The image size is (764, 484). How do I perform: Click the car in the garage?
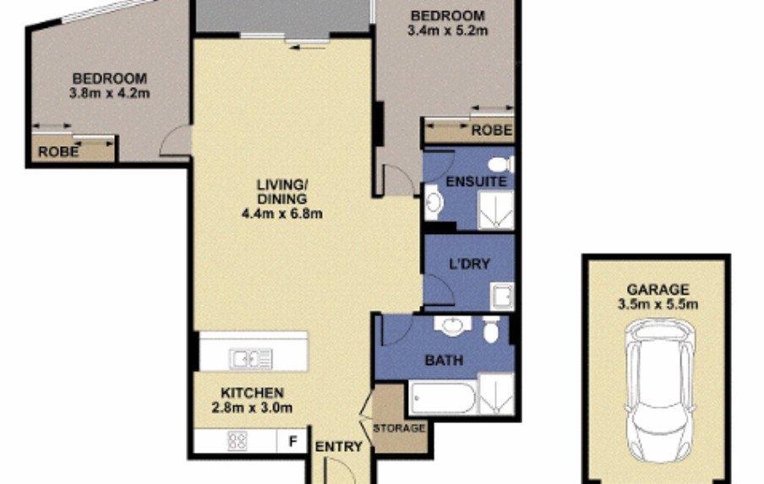[x=661, y=390]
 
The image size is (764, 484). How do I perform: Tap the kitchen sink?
[x=251, y=359]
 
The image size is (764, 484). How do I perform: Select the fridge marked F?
[x=292, y=441]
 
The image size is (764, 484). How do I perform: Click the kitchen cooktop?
[x=237, y=441]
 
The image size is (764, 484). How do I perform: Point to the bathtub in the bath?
[x=443, y=398]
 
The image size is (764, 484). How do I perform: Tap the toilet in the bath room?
[x=491, y=329]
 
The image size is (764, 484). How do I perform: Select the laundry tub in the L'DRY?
[x=502, y=296]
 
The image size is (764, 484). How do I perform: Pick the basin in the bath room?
[x=453, y=324]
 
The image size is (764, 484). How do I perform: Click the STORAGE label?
[x=399, y=428]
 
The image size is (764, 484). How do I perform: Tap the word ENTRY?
[x=339, y=447]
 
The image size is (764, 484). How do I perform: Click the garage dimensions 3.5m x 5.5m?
[x=658, y=305]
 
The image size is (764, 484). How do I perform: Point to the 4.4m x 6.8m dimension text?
[x=282, y=213]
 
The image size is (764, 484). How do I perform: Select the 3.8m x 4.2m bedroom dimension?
[x=110, y=93]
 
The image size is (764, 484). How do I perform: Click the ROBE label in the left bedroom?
[x=58, y=151]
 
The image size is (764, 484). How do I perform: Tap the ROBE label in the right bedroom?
[x=492, y=130]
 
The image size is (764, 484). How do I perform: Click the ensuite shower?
[x=495, y=209]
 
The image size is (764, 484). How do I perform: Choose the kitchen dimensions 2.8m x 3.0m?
[x=253, y=407]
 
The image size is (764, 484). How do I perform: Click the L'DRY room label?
[x=469, y=264]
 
